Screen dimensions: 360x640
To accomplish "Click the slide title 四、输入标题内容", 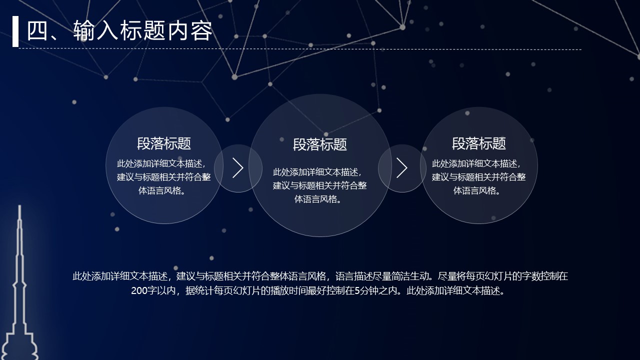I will [119, 31].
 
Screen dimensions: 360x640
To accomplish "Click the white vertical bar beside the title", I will [15, 31].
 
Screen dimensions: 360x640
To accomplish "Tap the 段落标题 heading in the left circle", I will [164, 144].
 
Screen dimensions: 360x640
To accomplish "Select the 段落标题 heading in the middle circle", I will [320, 145].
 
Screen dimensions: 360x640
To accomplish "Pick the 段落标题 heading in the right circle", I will [479, 144].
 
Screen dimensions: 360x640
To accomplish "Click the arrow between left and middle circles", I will [238, 168].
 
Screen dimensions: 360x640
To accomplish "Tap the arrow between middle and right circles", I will [402, 168].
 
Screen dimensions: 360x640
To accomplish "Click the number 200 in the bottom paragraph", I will [139, 291].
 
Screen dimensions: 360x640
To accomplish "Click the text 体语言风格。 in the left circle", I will [164, 190].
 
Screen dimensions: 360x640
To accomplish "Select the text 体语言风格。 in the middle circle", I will [320, 199].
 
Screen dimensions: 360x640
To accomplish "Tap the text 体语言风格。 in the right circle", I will [479, 190].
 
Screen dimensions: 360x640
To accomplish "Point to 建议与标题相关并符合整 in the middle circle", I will [320, 185].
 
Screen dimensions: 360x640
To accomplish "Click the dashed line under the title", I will [300, 49].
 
